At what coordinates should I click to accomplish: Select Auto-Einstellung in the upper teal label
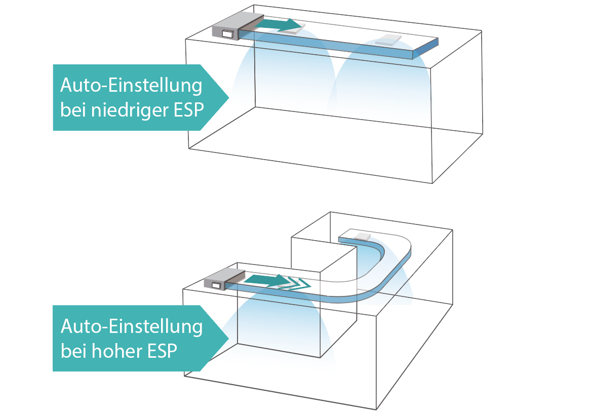tap(131, 85)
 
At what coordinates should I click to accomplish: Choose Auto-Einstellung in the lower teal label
tap(131, 326)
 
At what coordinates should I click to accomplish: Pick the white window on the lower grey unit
tap(216, 285)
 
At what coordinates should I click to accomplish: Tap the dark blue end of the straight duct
tap(426, 48)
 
